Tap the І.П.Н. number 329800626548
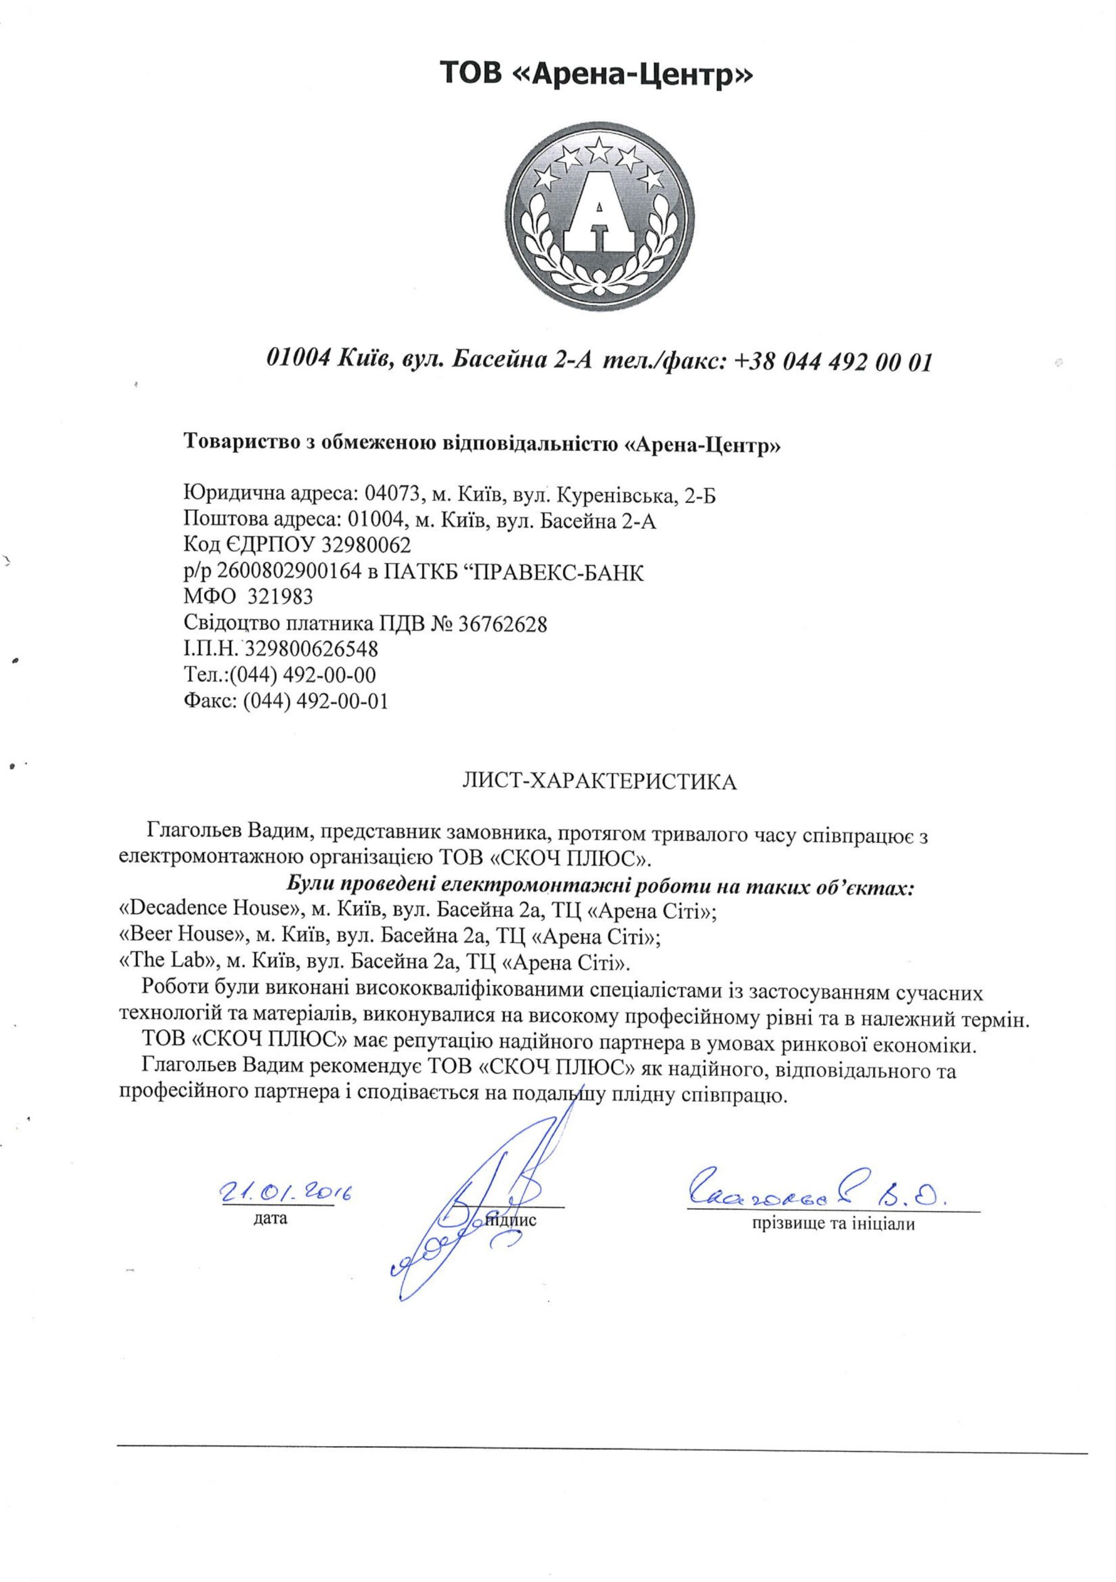click(x=311, y=649)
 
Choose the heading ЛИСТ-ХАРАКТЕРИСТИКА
click(x=599, y=782)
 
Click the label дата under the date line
click(x=270, y=1218)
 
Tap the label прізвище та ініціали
click(x=833, y=1224)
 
